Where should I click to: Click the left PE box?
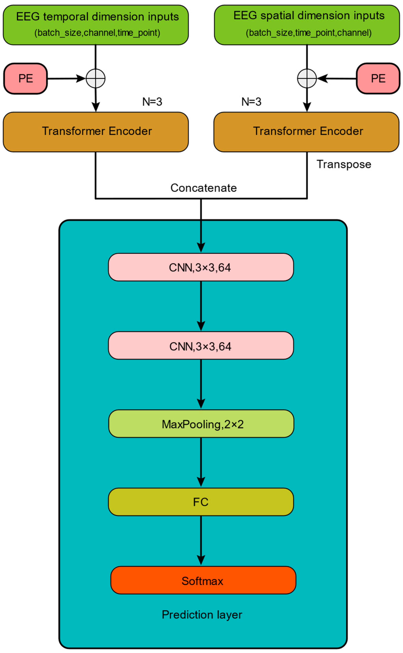pyautogui.click(x=26, y=79)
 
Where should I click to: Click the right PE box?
pyautogui.click(x=378, y=79)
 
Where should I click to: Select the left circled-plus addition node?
pyautogui.click(x=96, y=79)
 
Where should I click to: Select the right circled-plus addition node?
pyautogui.click(x=307, y=79)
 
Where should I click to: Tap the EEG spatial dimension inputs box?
pyautogui.click(x=307, y=25)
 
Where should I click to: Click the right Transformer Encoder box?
pyautogui.click(x=307, y=132)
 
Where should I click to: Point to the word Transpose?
pyautogui.click(x=344, y=164)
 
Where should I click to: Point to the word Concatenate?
pyautogui.click(x=204, y=188)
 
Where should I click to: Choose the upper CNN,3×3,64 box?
pyautogui.click(x=201, y=267)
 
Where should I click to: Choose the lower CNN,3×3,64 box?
pyautogui.click(x=201, y=346)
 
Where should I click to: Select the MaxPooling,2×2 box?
pyautogui.click(x=201, y=424)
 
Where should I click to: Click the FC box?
pyautogui.click(x=201, y=502)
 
